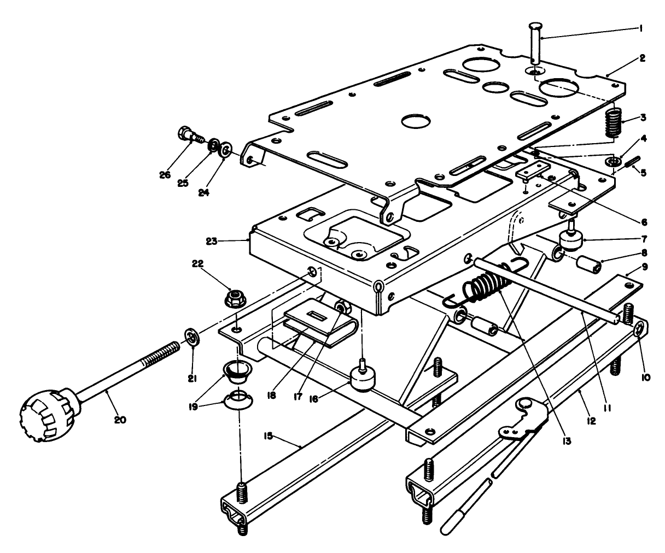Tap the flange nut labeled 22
pyautogui.click(x=235, y=298)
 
